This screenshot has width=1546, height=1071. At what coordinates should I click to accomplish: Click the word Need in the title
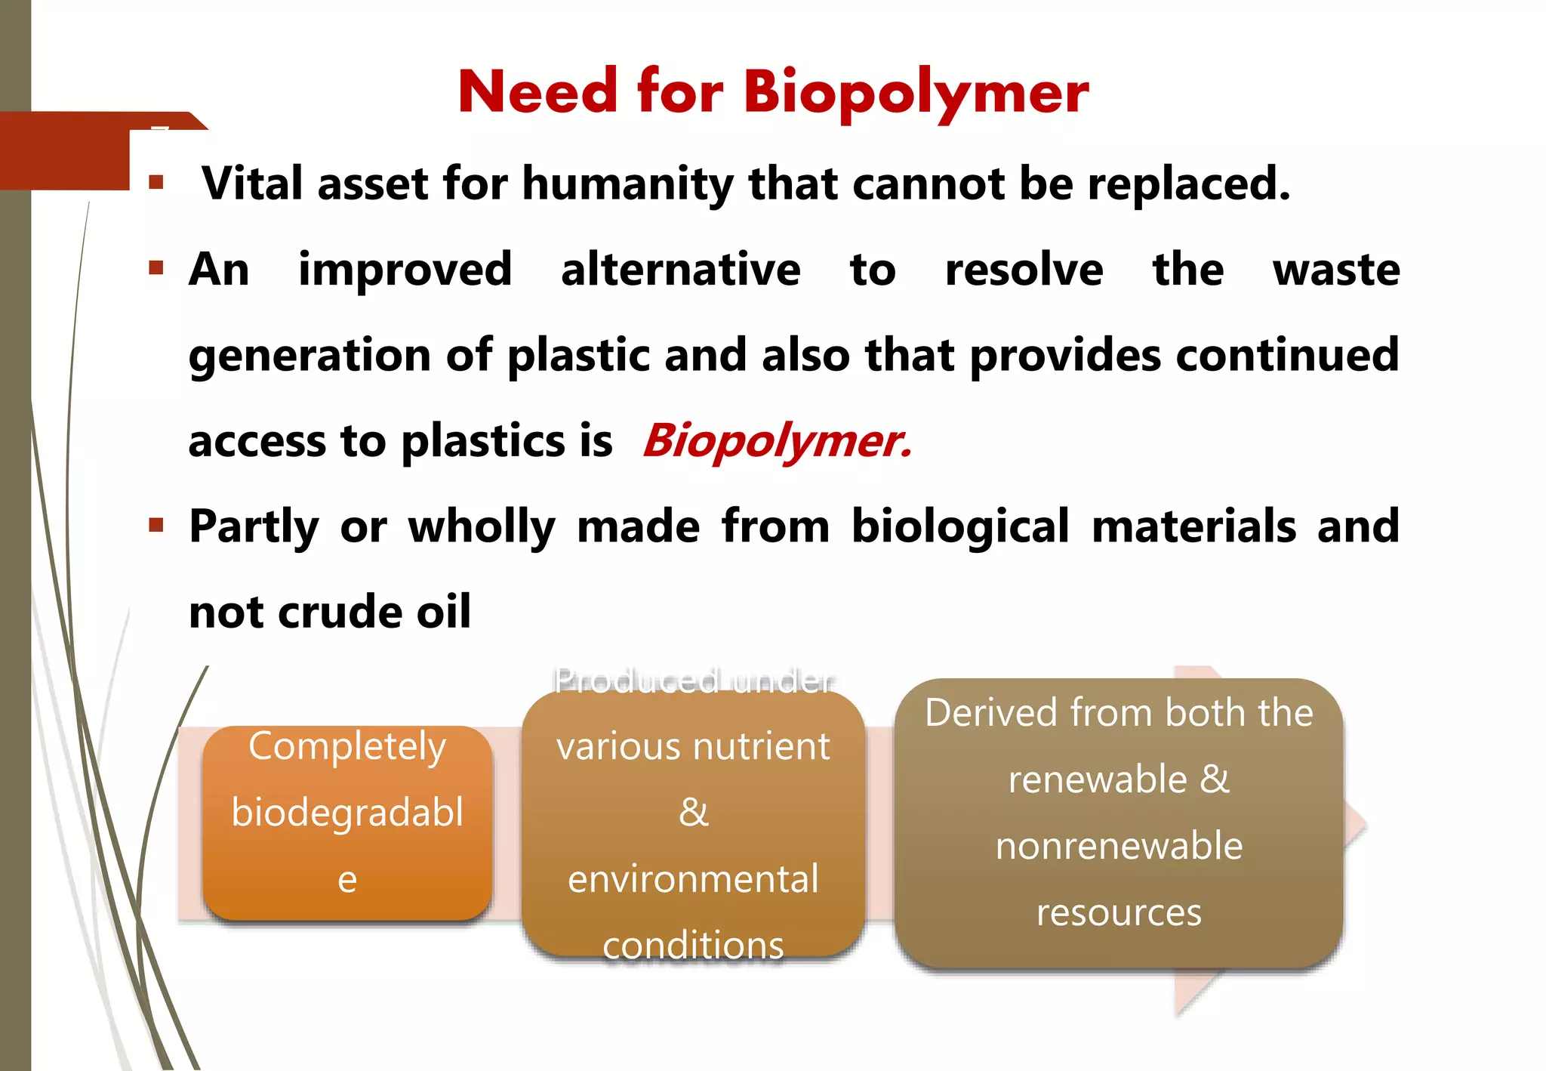pos(537,92)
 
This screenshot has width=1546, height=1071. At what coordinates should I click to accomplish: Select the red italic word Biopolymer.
pos(777,440)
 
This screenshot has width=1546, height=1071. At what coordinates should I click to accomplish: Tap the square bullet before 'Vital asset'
pos(156,182)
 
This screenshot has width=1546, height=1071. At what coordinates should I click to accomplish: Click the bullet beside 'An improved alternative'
pos(156,267)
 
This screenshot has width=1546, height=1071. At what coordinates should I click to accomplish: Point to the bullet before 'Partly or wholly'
pos(156,525)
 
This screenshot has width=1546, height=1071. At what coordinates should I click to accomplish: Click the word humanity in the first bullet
pos(627,184)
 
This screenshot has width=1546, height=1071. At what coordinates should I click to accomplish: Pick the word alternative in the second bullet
pos(680,270)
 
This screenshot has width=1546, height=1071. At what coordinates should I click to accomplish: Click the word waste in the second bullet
pos(1335,270)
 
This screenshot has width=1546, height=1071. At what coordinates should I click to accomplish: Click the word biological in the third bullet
pos(960,526)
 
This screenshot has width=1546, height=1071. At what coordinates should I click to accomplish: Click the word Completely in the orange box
pos(347,746)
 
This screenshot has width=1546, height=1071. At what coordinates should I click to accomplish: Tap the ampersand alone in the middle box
pos(693,813)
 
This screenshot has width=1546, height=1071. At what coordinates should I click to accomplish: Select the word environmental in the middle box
pos(693,879)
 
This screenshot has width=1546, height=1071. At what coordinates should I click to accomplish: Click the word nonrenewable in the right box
pos(1119,846)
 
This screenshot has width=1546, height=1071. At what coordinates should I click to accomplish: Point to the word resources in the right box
pos(1119,912)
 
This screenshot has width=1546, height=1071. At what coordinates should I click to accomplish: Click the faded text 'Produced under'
pos(693,681)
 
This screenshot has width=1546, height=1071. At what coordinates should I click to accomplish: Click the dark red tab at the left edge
pos(64,151)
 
